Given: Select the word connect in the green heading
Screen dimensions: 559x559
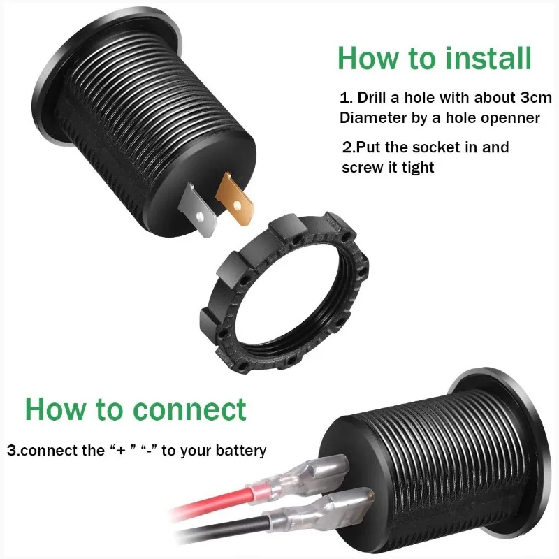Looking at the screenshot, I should [x=189, y=409].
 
